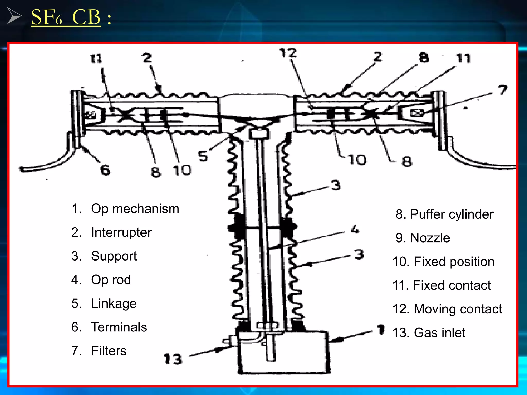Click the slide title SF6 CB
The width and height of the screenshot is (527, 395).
pos(66,17)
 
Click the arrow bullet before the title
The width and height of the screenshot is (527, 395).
pos(14,16)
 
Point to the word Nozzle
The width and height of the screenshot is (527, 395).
pos(430,238)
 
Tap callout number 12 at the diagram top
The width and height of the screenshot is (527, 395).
pos(288,53)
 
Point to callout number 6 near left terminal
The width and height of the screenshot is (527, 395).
pos(105,170)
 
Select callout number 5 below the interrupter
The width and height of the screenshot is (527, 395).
pos(203,156)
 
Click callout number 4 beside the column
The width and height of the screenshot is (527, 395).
pos(355,229)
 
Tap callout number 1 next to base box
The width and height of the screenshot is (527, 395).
pos(381,329)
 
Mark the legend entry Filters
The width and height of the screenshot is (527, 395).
pos(109,351)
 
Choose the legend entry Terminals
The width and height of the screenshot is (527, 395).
pos(119,327)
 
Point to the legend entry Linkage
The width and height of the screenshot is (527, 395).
pos(113,303)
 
